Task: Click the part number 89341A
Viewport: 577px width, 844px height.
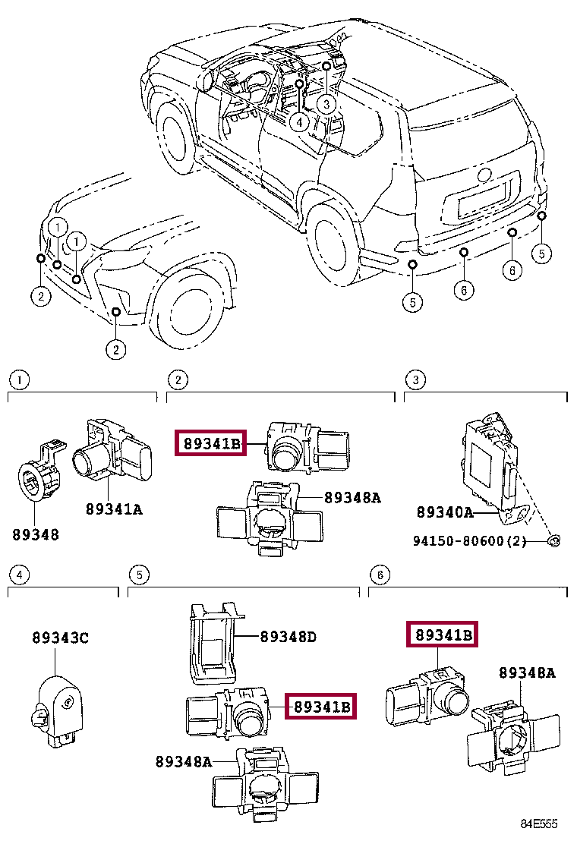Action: (x=113, y=509)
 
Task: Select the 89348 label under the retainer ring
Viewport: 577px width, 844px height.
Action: (x=35, y=534)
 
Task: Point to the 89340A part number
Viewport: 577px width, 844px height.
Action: (x=444, y=512)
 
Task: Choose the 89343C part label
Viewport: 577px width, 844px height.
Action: (x=60, y=638)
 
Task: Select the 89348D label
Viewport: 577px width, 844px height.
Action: (x=288, y=637)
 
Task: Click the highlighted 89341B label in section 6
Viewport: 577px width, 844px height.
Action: (x=443, y=635)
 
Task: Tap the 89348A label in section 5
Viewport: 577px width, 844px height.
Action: (x=184, y=761)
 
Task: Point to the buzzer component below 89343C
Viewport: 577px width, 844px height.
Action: (x=58, y=704)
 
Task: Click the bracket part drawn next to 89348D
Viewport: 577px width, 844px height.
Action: (x=212, y=641)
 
